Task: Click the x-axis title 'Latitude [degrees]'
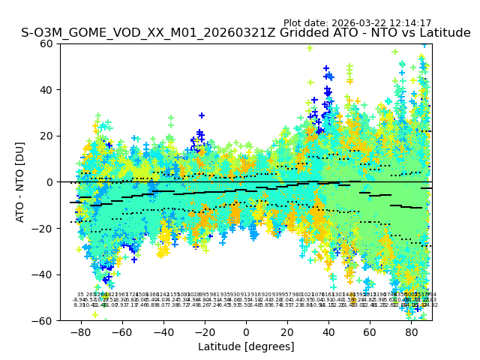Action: pyautogui.click(x=246, y=346)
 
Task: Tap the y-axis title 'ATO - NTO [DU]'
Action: pyautogui.click(x=21, y=182)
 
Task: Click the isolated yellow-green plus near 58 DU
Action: pyautogui.click(x=310, y=49)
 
